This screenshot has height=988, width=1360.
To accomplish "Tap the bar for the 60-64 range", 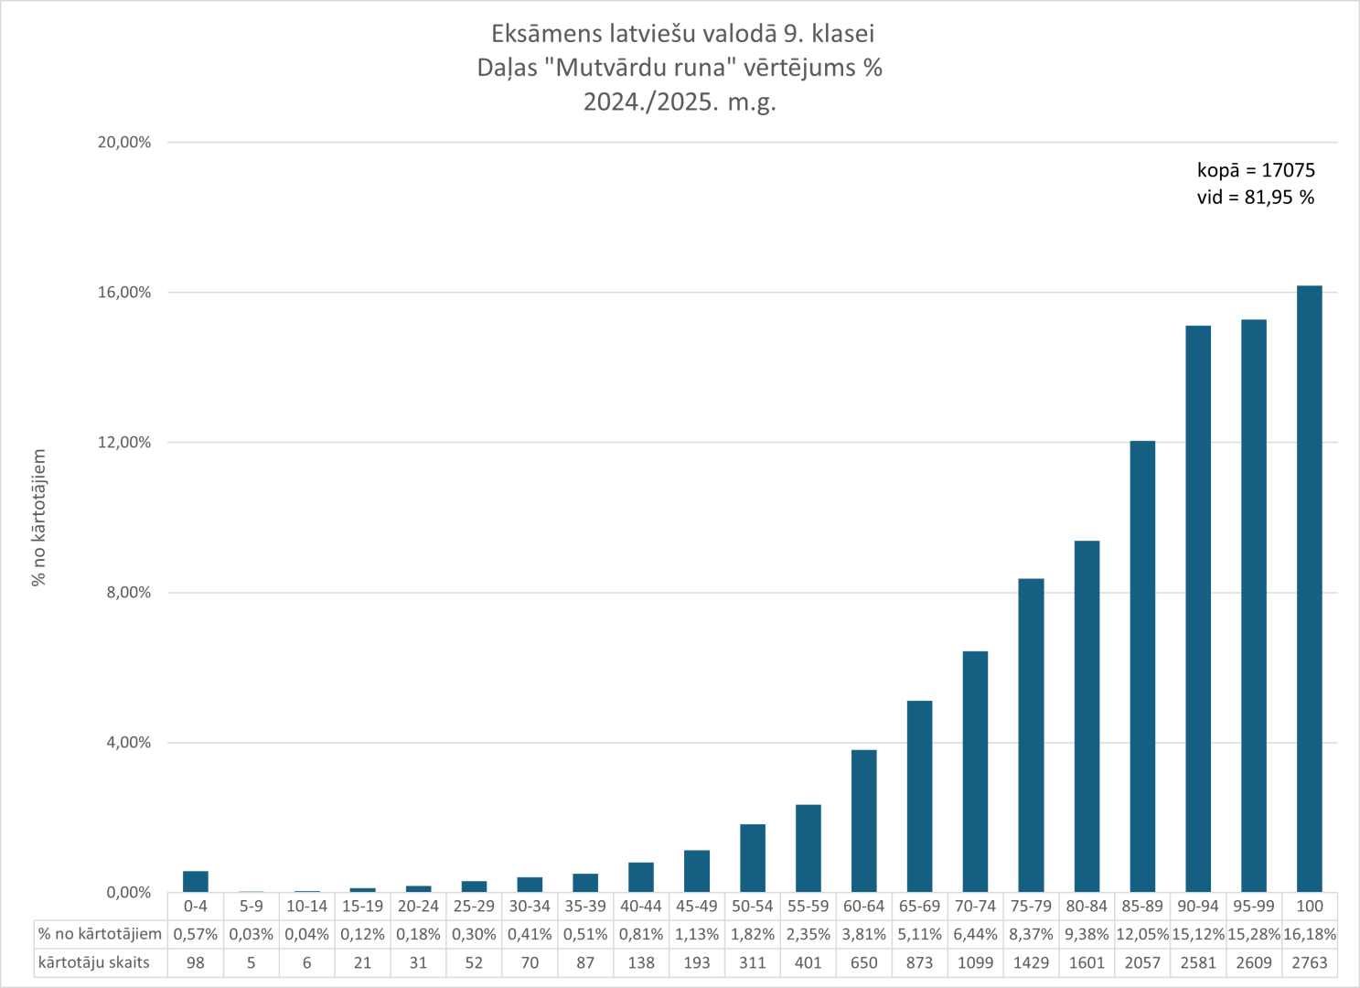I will (863, 821).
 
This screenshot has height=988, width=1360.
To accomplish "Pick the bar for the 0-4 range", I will (196, 881).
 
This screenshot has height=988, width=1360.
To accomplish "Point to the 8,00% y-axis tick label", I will (129, 593).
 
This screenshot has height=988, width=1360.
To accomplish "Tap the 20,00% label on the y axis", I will (124, 143).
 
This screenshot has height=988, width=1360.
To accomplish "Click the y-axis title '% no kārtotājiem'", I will (39, 517).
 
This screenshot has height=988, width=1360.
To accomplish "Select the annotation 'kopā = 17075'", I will (1256, 170).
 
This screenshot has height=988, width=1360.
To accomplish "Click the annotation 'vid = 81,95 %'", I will (1255, 198).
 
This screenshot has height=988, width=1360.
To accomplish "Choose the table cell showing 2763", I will (1309, 962).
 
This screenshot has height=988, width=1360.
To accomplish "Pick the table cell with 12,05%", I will (1142, 934).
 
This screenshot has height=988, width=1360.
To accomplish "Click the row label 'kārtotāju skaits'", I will (93, 962).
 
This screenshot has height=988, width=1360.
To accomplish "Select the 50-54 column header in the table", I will (752, 906).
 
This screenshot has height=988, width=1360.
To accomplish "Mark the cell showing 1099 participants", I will (975, 962).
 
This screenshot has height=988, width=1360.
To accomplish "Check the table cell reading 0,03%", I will (251, 934).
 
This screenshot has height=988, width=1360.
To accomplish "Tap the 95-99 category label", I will (1253, 906).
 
